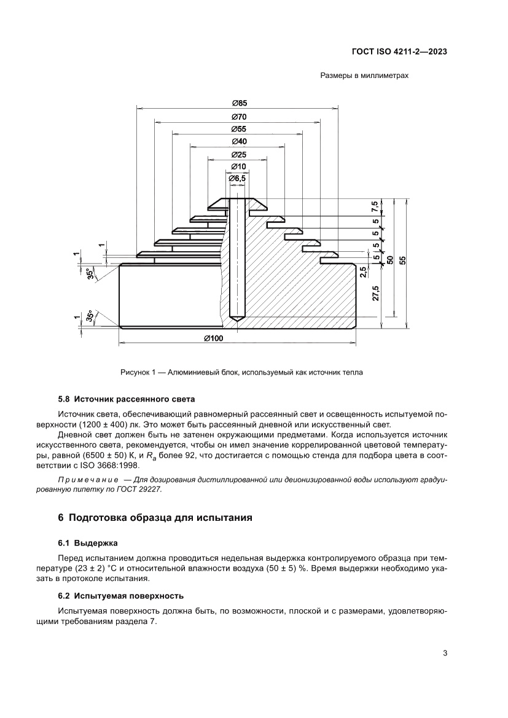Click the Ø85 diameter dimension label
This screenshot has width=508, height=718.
click(x=239, y=103)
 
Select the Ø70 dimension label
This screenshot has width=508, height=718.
click(x=239, y=116)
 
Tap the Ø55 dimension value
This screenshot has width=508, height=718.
click(x=239, y=129)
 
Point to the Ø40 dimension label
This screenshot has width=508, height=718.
click(x=239, y=141)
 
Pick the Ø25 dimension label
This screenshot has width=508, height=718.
click(x=239, y=154)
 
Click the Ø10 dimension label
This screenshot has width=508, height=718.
click(x=239, y=166)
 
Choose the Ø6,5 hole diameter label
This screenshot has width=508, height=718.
click(x=237, y=178)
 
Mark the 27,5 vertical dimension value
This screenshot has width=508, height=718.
click(x=375, y=293)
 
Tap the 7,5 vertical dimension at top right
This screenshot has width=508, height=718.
click(x=375, y=206)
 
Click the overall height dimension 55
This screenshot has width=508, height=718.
click(x=403, y=260)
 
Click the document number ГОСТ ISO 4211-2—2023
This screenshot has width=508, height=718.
click(x=399, y=52)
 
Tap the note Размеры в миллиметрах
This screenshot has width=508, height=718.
click(x=364, y=76)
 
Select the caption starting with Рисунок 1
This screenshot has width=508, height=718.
click(x=242, y=372)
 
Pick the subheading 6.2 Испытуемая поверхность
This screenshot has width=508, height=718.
click(x=120, y=596)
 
